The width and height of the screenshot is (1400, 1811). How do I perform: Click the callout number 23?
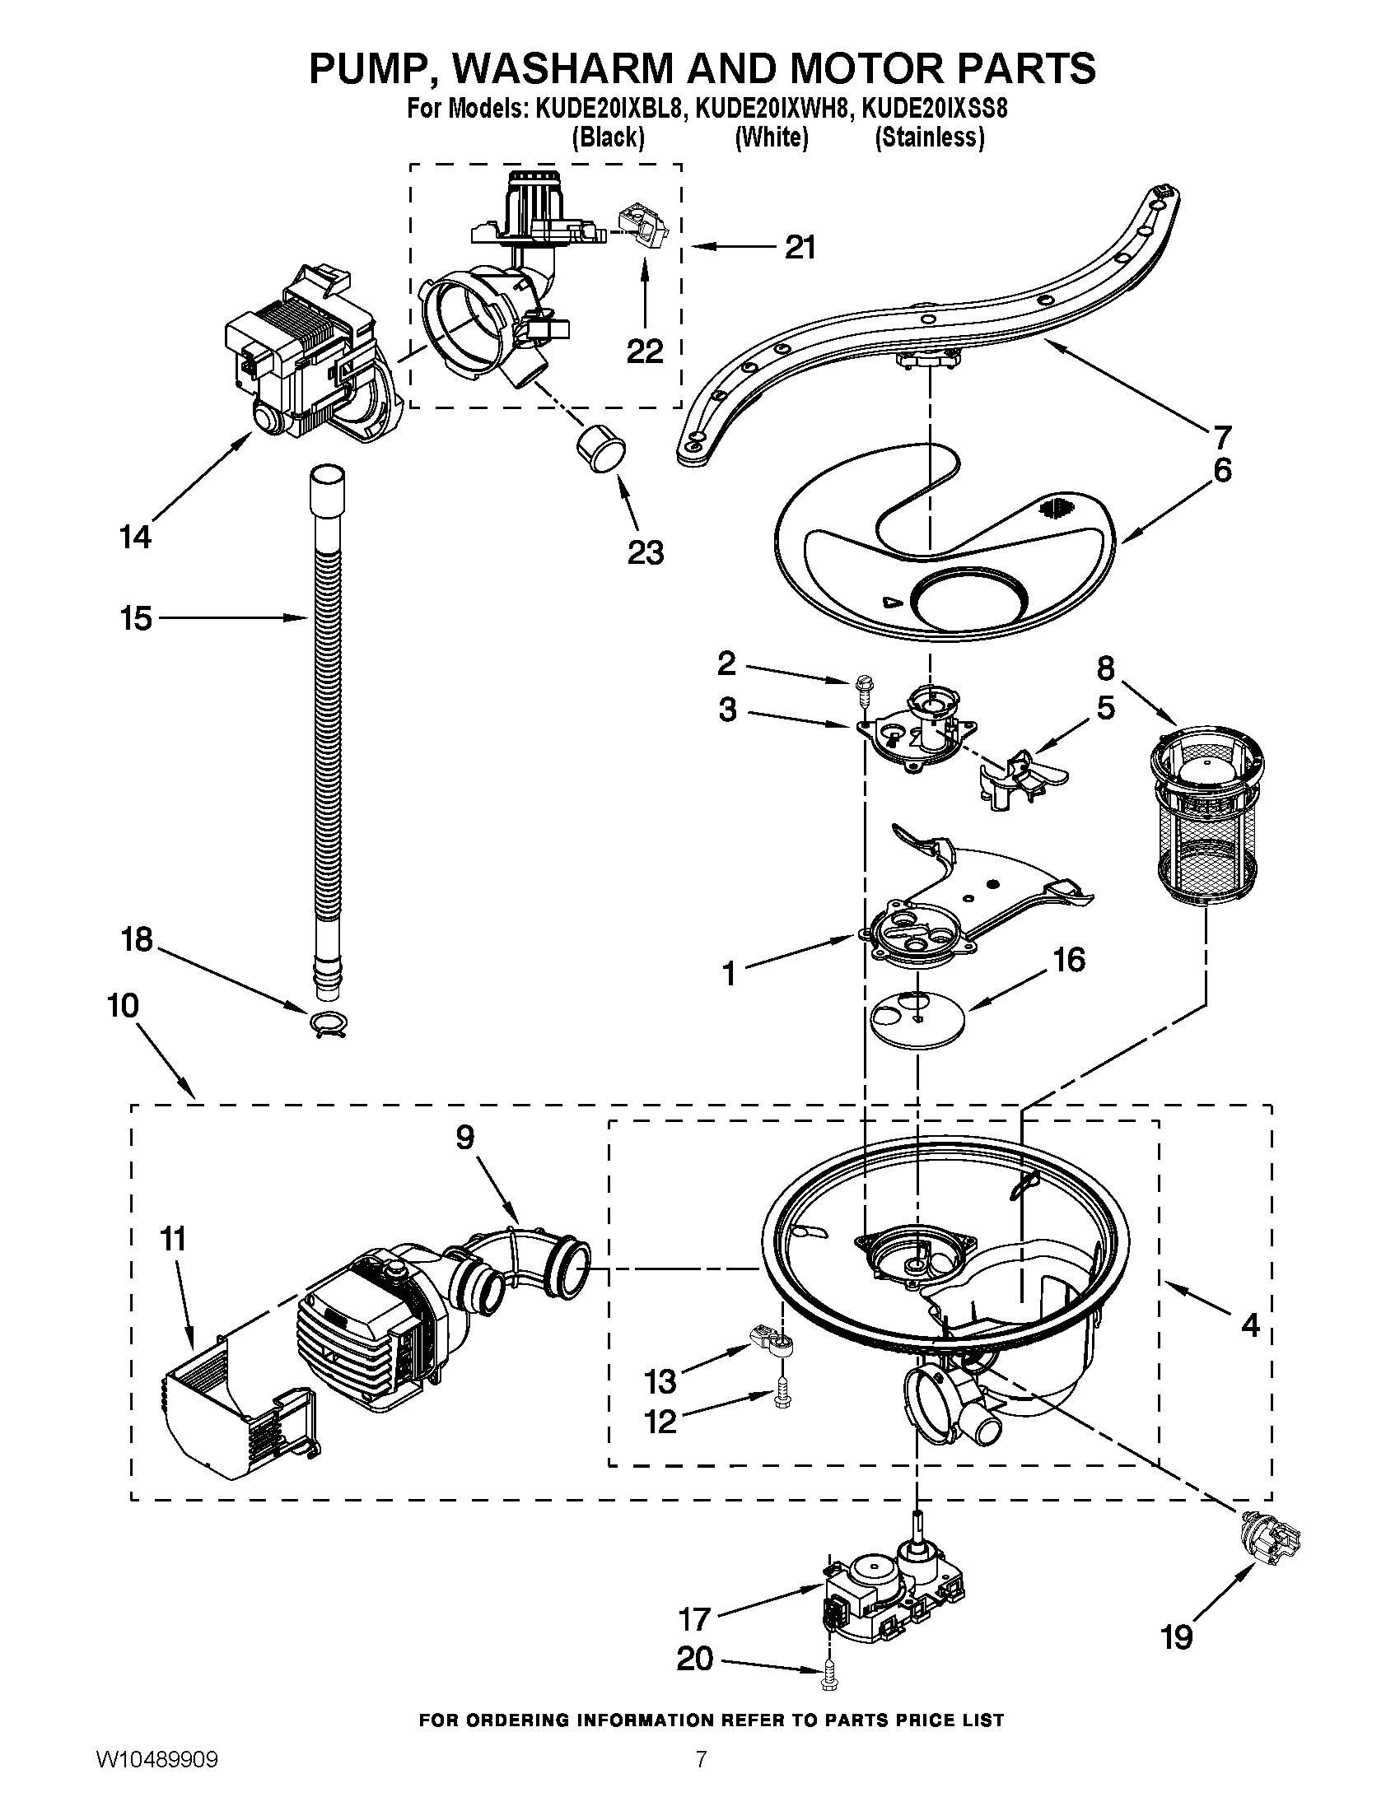tap(646, 552)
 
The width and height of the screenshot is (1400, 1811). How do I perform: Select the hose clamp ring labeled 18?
tap(329, 1025)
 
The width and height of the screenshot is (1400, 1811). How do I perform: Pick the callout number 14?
tap(135, 538)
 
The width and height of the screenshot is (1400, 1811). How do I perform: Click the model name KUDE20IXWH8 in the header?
tap(773, 109)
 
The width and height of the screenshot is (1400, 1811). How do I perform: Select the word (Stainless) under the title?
tap(930, 137)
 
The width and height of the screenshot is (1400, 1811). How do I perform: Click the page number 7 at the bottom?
tap(701, 1779)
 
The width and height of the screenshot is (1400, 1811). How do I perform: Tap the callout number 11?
tap(172, 1240)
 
